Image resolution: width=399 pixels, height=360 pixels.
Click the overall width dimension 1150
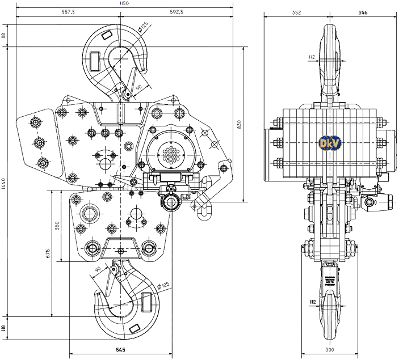[124, 3]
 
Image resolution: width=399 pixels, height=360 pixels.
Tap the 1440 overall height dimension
[3, 184]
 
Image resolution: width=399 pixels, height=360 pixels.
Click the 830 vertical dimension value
[240, 123]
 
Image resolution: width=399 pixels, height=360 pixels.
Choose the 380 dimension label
[57, 226]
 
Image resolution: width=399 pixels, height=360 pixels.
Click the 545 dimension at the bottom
[120, 350]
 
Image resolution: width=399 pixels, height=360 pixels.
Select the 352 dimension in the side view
[296, 12]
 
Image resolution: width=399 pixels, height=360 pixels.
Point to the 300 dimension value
[330, 350]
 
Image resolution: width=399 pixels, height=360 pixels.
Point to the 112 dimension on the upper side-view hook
[312, 57]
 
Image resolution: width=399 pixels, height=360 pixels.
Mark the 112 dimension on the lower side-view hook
[312, 302]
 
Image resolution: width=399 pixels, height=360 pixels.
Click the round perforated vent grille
[171, 154]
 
